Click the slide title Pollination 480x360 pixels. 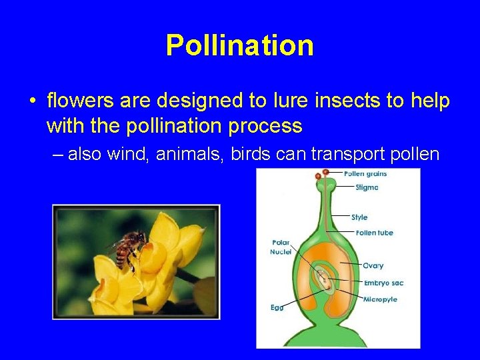click(x=239, y=46)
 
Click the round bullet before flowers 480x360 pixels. click(x=32, y=102)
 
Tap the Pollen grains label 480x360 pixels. click(x=365, y=174)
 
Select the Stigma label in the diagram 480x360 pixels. click(x=367, y=187)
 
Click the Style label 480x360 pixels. click(x=359, y=217)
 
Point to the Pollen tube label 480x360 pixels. click(x=374, y=233)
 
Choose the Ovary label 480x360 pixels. click(x=373, y=265)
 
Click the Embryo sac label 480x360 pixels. click(x=383, y=283)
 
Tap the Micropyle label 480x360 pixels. click(x=380, y=299)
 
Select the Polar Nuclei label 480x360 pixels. click(x=280, y=247)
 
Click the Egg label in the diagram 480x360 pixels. click(x=277, y=307)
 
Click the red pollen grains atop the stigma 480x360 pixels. click(x=322, y=174)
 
